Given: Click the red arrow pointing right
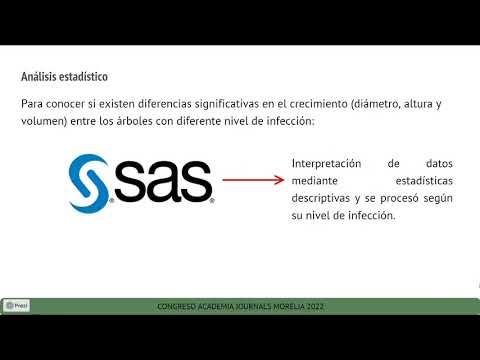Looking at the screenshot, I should pyautogui.click(x=252, y=181).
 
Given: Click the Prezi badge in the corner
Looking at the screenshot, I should pyautogui.click(x=17, y=305).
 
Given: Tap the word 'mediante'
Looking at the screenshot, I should pyautogui.click(x=312, y=181).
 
